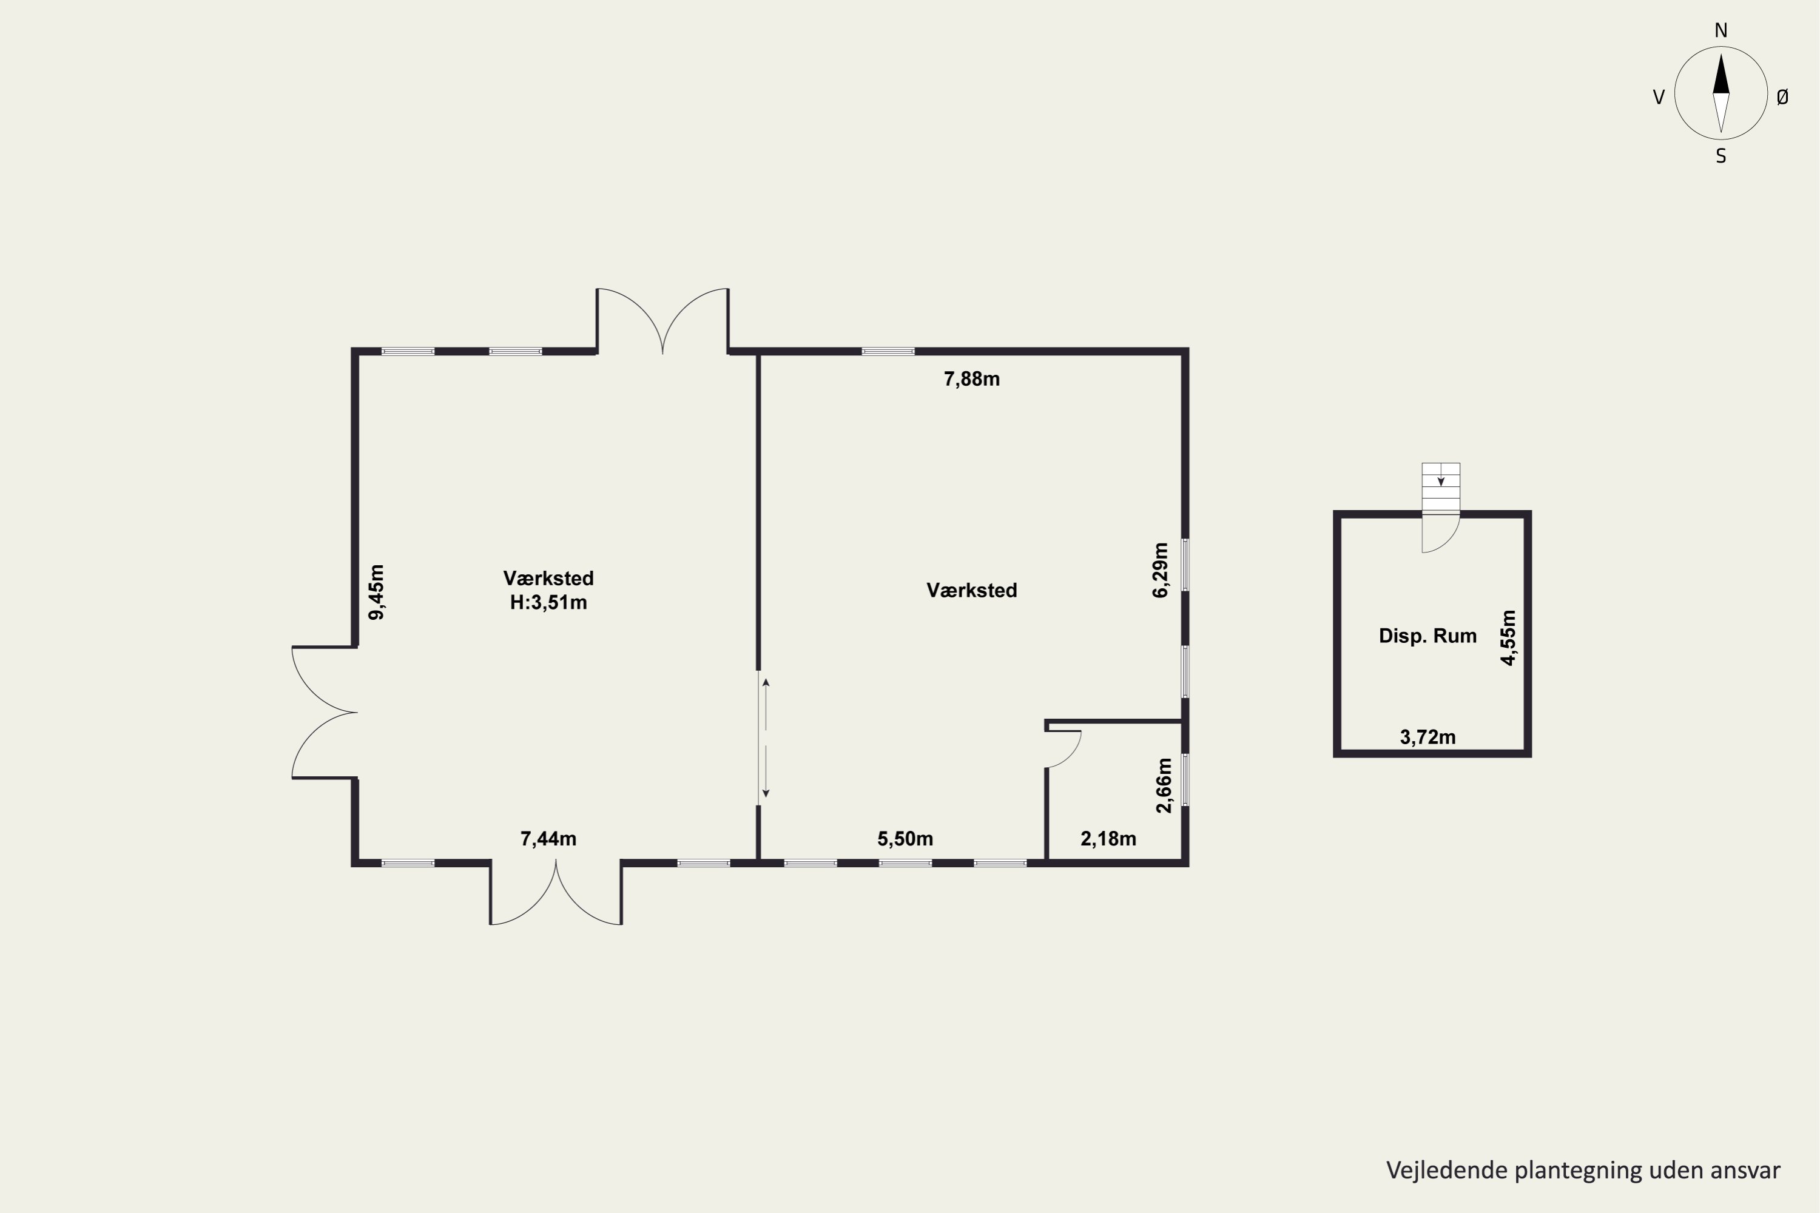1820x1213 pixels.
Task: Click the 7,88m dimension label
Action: (x=971, y=379)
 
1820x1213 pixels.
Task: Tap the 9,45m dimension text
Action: (x=376, y=593)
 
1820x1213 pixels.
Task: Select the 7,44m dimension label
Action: (x=548, y=839)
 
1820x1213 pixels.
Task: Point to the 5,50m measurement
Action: (x=905, y=839)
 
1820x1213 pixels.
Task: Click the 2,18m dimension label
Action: (x=1108, y=839)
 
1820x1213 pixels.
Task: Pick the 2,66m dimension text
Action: (x=1164, y=785)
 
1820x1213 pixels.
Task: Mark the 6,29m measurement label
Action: (x=1161, y=570)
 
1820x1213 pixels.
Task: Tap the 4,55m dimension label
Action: (x=1508, y=638)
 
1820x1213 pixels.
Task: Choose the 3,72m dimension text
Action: (x=1427, y=738)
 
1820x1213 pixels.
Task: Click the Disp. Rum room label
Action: (x=1427, y=636)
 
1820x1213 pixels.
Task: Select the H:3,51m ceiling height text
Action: (x=548, y=603)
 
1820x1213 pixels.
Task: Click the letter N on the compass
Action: (x=1721, y=30)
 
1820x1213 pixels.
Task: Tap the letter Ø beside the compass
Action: (x=1783, y=96)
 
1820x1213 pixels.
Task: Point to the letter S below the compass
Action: (x=1721, y=156)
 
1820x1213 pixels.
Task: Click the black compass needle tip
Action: (x=1721, y=54)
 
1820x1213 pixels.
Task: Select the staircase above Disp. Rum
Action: (x=1441, y=488)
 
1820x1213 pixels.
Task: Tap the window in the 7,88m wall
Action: (x=888, y=351)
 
